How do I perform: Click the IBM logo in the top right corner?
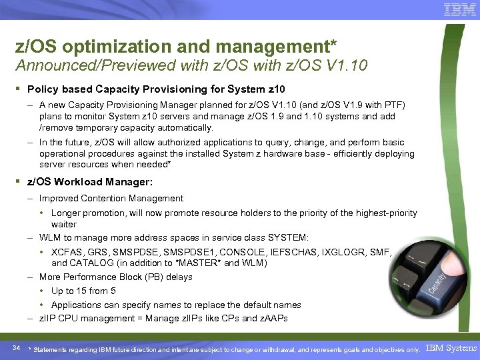click(x=459, y=9)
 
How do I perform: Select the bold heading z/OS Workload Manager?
click(x=90, y=181)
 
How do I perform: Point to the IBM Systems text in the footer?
click(x=451, y=348)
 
